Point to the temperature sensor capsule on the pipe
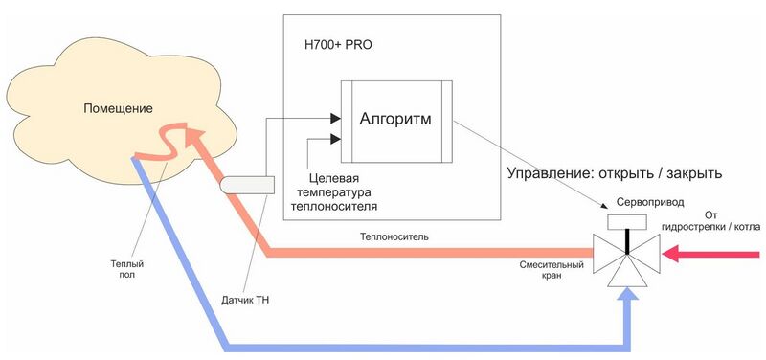(247, 184)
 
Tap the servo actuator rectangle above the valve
(626, 222)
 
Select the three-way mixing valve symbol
(626, 256)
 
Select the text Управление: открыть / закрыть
(613, 174)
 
